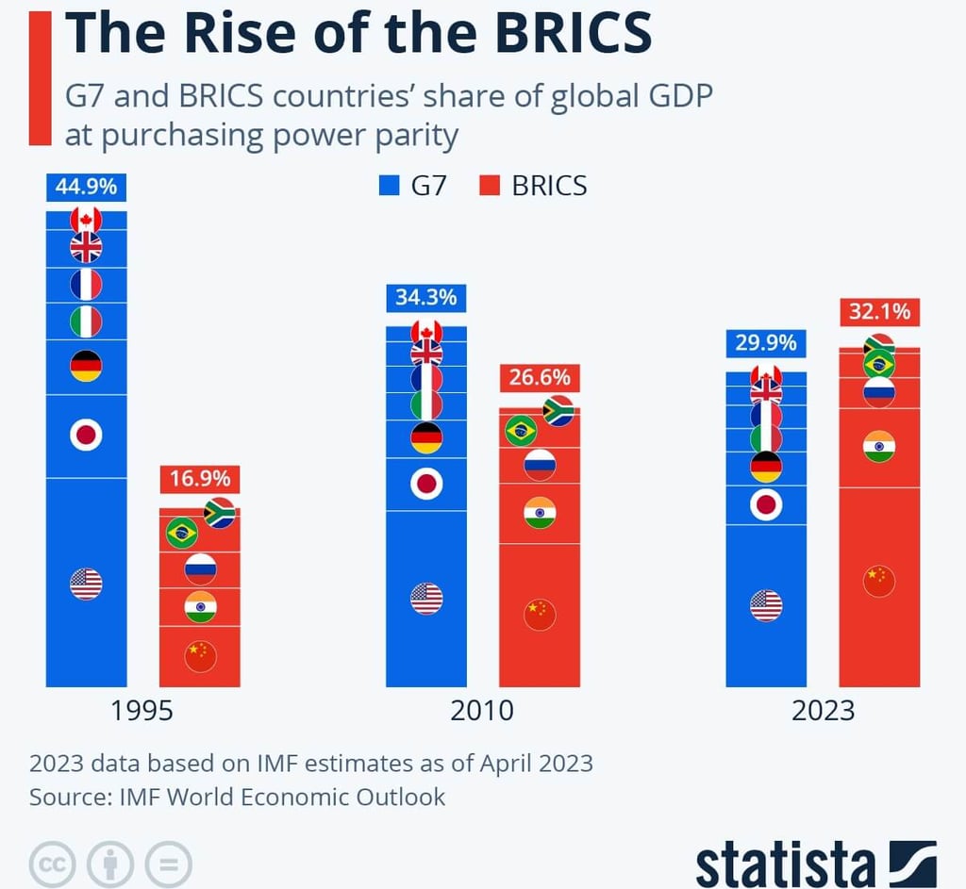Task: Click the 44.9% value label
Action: pyautogui.click(x=86, y=187)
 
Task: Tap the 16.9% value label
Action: pyautogui.click(x=199, y=479)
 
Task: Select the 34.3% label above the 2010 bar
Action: pyautogui.click(x=425, y=298)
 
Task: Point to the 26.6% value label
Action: pyautogui.click(x=540, y=378)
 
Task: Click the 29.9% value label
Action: pyautogui.click(x=765, y=343)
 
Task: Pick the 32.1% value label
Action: pyautogui.click(x=879, y=311)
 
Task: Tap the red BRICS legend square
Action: pyautogui.click(x=490, y=186)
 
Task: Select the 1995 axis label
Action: pyautogui.click(x=142, y=710)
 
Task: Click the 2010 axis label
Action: pyautogui.click(x=482, y=710)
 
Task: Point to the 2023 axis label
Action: pyautogui.click(x=823, y=710)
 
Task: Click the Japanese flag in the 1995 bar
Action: pyautogui.click(x=86, y=435)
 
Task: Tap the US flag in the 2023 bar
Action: pyautogui.click(x=766, y=605)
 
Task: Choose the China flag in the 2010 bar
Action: pyautogui.click(x=540, y=615)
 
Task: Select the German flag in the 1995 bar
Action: pyautogui.click(x=86, y=366)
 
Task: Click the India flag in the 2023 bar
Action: pyautogui.click(x=879, y=446)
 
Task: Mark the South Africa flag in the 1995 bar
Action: pyautogui.click(x=220, y=512)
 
